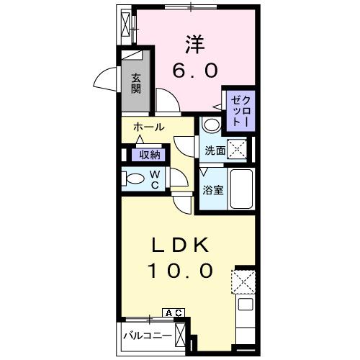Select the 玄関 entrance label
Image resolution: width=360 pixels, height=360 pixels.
click(136, 84)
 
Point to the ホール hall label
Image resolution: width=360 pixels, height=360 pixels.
click(148, 127)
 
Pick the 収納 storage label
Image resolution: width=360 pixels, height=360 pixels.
click(150, 155)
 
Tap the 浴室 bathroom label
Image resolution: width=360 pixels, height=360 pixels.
click(211, 191)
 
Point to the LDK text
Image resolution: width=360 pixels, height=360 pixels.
click(181, 245)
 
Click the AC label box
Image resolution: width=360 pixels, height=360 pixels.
click(174, 312)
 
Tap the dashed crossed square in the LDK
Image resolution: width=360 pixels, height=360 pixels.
click(243, 281)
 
